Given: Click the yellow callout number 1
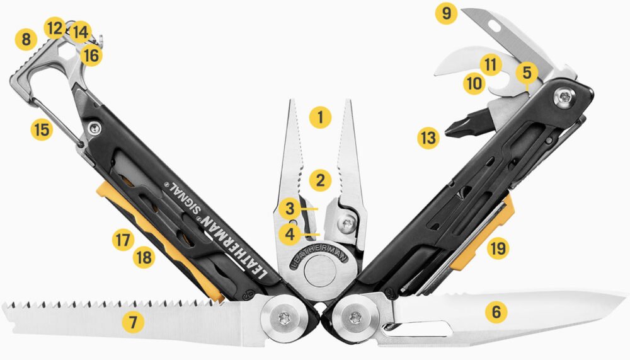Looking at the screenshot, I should (x=320, y=117).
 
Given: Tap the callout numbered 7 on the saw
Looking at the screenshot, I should (x=133, y=322).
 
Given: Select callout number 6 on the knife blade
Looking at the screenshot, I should (x=496, y=310).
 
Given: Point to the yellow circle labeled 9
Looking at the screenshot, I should (x=446, y=14).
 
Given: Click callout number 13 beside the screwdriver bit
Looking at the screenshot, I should (x=428, y=138).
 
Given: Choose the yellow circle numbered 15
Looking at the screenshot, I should (x=41, y=130).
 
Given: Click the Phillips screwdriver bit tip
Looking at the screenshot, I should (x=449, y=132).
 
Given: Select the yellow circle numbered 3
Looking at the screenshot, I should (x=290, y=207).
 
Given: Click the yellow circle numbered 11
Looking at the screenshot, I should (x=490, y=64).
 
